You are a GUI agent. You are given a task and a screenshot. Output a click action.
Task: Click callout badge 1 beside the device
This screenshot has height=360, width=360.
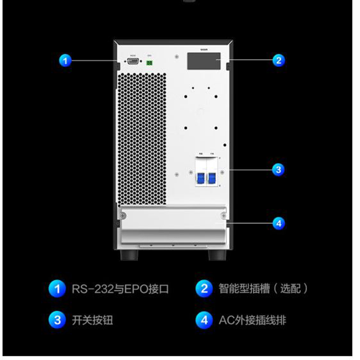66,60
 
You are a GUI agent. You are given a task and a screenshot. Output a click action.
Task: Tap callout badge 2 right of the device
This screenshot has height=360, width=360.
279,60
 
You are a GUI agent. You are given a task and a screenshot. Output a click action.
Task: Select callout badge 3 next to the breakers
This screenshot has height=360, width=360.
279,170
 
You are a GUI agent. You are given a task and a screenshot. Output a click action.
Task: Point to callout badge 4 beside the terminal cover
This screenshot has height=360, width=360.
279,223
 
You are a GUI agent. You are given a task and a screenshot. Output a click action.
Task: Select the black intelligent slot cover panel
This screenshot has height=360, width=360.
204,61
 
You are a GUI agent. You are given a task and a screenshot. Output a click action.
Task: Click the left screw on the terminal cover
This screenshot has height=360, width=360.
123,216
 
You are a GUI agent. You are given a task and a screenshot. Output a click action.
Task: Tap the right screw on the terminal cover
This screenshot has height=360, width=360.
223,216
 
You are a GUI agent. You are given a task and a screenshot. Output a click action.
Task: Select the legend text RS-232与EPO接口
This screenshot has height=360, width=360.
120,288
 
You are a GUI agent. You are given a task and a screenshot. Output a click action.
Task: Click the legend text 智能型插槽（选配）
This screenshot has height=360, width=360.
263,288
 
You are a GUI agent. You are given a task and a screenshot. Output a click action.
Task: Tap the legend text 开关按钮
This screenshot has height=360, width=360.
92,320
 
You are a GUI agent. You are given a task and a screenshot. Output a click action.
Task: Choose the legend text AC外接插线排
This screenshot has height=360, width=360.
252,320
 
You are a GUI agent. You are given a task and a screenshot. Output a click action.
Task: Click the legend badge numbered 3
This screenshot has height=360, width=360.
57,320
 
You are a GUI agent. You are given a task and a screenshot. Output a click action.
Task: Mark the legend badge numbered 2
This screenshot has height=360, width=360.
204,288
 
